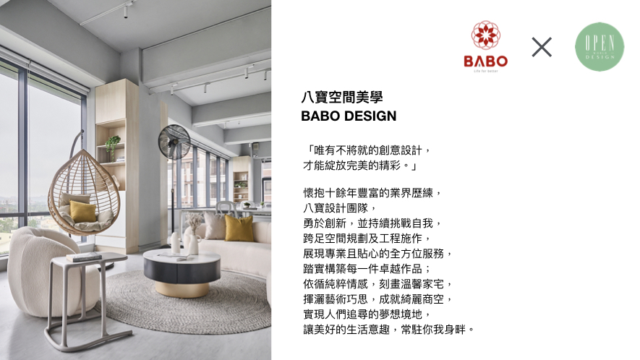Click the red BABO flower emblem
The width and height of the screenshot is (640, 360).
[486, 35]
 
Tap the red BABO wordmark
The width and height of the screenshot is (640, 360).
[486, 61]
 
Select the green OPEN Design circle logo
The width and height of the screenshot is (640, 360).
[600, 46]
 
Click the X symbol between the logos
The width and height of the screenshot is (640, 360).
[542, 47]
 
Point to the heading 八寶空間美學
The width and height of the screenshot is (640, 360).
[342, 97]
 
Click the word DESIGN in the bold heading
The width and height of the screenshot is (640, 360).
[372, 116]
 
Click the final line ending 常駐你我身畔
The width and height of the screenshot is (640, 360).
[388, 330]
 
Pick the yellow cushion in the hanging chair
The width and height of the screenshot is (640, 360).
[82, 211]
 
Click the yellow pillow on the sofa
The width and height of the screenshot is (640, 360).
[239, 228]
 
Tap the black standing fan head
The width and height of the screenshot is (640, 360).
[174, 142]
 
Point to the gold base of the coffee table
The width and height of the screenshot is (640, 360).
[182, 289]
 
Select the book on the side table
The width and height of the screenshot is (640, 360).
[84, 257]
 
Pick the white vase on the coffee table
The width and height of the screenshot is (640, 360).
[176, 242]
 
